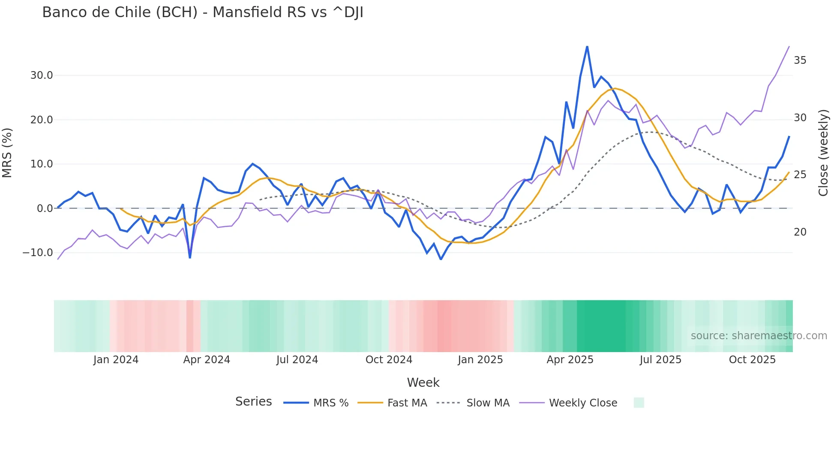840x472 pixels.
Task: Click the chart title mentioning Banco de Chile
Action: click(203, 12)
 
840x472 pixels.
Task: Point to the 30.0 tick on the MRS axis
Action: click(42, 75)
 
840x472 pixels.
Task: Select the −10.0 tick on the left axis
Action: click(38, 253)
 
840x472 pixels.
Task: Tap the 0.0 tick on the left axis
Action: click(45, 209)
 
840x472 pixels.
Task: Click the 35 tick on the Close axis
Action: click(800, 60)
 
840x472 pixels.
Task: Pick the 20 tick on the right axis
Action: click(800, 232)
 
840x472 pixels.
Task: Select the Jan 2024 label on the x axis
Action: click(116, 360)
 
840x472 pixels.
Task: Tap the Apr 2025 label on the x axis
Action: click(570, 360)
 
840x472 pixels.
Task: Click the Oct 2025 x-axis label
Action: click(752, 360)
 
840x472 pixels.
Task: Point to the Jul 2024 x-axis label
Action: click(297, 360)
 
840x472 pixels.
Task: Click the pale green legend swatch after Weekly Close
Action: click(639, 403)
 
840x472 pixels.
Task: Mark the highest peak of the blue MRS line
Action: click(587, 46)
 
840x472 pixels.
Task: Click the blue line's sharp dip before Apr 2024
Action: click(190, 257)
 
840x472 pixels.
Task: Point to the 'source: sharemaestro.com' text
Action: click(759, 336)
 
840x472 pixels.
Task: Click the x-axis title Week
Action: click(423, 382)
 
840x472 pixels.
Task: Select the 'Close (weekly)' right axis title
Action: click(823, 153)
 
